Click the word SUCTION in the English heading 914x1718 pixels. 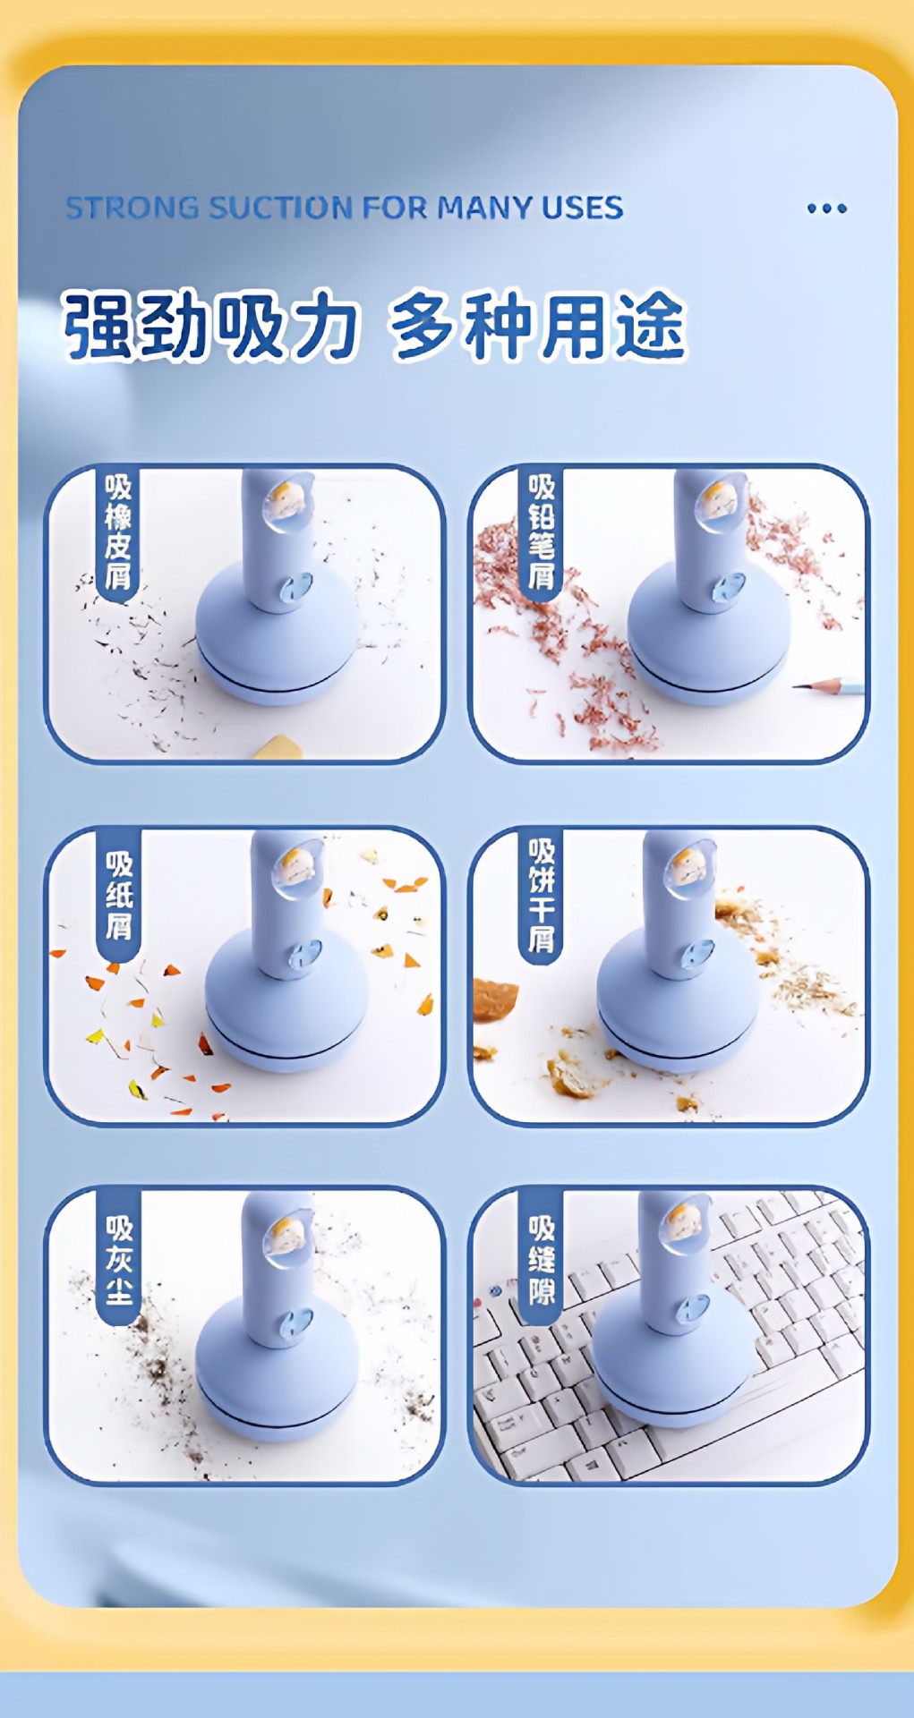click(280, 208)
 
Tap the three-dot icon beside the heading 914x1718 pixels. click(826, 209)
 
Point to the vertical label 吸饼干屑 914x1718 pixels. click(542, 895)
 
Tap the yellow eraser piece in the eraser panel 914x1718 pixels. click(277, 747)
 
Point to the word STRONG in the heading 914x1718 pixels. click(132, 208)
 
